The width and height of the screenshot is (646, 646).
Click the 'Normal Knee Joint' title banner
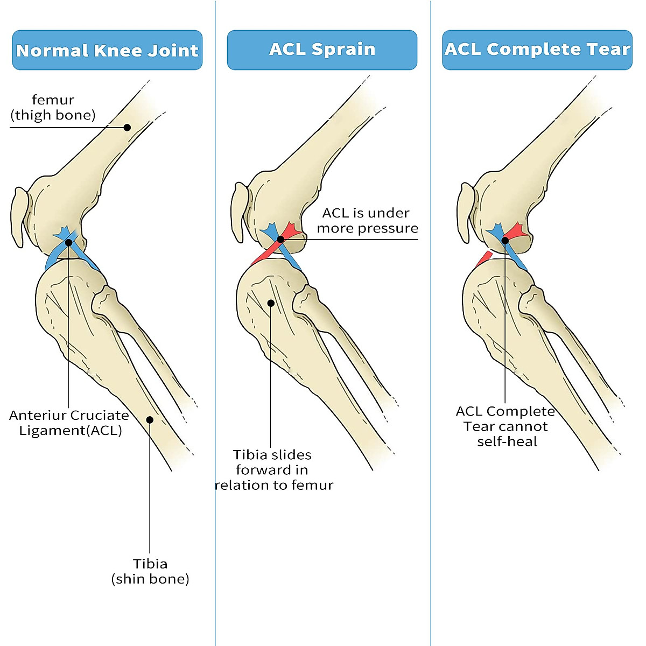pyautogui.click(x=107, y=50)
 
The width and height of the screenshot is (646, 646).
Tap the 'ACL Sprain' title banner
pyautogui.click(x=322, y=50)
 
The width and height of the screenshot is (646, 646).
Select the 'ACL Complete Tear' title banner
pyautogui.click(x=537, y=50)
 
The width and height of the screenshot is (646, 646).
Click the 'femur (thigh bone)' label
pyautogui.click(x=53, y=107)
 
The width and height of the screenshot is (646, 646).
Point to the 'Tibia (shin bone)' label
pyautogui.click(x=150, y=571)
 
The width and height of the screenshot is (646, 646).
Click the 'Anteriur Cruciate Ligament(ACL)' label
pyautogui.click(x=69, y=423)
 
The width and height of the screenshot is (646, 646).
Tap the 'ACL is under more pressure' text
pyautogui.click(x=367, y=221)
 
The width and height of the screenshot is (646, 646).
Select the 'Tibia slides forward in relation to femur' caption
pyautogui.click(x=273, y=470)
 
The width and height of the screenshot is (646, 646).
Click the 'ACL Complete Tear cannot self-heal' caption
pyautogui.click(x=505, y=426)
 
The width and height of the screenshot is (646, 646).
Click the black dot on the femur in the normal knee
pyautogui.click(x=127, y=128)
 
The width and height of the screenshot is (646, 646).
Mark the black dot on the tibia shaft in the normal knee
pyautogui.click(x=150, y=420)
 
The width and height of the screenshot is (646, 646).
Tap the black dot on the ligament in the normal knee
pyautogui.click(x=68, y=243)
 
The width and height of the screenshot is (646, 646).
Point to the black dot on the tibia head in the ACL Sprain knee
pyautogui.click(x=271, y=303)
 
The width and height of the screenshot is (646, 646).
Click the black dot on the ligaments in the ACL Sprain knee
pyautogui.click(x=280, y=240)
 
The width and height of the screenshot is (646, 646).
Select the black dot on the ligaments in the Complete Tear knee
pyautogui.click(x=505, y=241)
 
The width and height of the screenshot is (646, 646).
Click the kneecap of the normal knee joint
pyautogui.click(x=18, y=216)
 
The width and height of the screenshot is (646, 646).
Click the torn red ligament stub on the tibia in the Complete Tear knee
pyautogui.click(x=483, y=259)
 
